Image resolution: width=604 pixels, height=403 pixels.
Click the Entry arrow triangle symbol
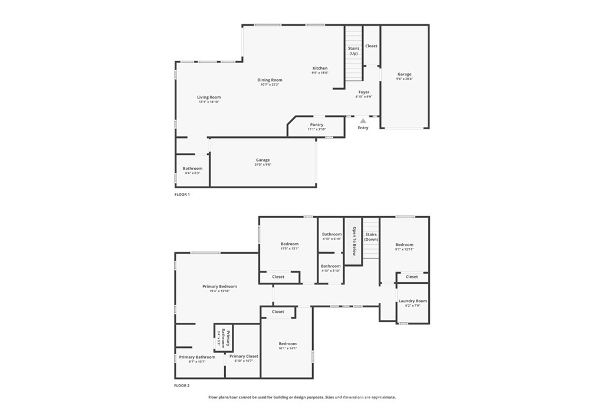point(363,120)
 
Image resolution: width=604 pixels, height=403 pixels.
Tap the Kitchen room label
point(320,68)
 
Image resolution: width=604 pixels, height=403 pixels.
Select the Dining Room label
point(270,80)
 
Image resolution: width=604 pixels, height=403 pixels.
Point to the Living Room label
point(209,97)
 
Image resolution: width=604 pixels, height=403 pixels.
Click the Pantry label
point(317,124)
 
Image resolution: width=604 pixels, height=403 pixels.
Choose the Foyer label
point(364,92)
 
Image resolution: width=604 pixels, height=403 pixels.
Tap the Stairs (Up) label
point(353,51)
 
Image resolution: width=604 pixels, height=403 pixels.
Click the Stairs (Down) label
point(371,237)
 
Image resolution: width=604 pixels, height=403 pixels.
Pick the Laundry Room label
point(412,301)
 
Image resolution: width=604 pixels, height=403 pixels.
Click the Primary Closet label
point(244,356)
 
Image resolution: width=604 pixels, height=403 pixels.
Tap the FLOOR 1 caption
point(182,194)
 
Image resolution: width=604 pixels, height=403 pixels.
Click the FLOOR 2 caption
point(182,385)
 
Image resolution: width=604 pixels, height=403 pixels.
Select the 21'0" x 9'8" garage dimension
point(263,165)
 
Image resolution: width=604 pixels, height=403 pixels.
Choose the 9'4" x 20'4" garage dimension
point(405,79)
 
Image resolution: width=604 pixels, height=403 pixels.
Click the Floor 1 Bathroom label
point(192,168)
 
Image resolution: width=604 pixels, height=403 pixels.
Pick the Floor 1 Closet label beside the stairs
point(371,46)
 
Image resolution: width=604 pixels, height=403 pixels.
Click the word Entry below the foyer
point(363,128)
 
